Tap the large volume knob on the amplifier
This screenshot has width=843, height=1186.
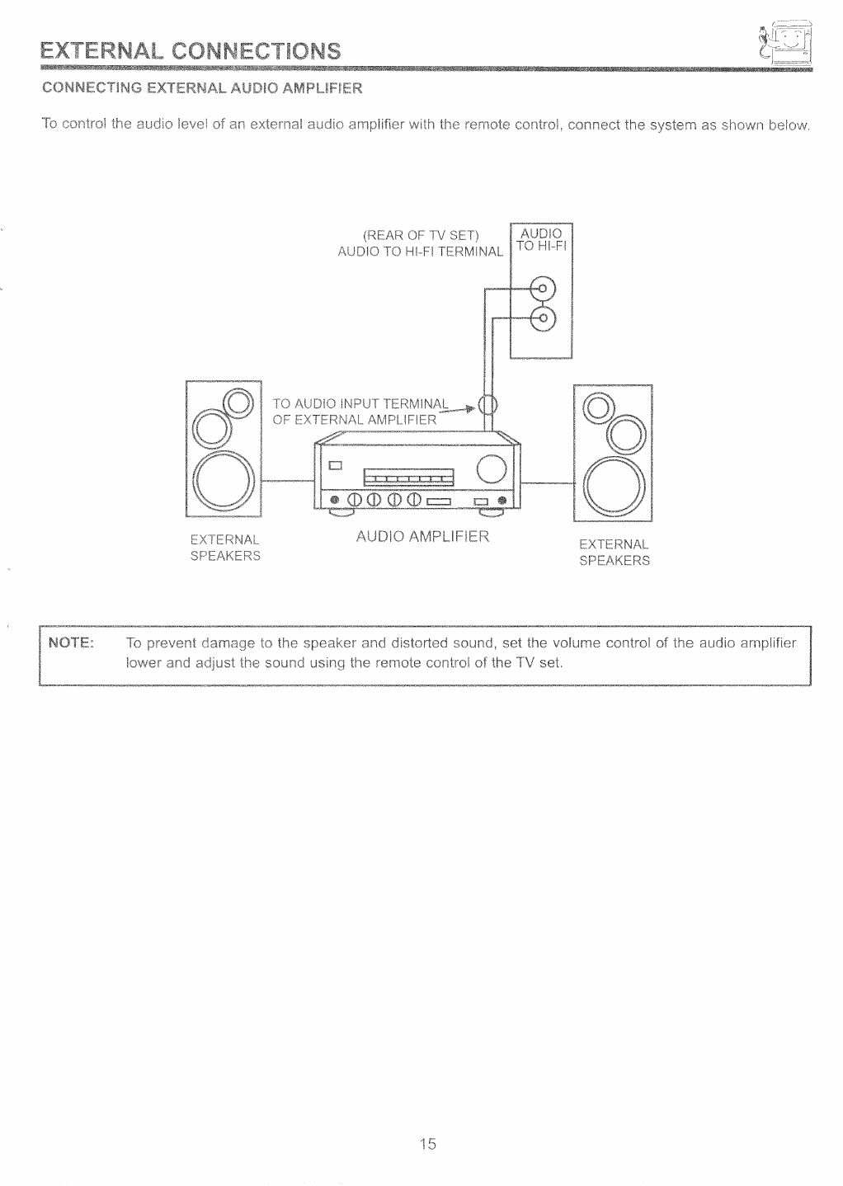[492, 469]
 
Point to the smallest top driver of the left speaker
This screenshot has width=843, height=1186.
[238, 402]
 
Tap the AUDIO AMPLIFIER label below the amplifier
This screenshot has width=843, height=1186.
[422, 537]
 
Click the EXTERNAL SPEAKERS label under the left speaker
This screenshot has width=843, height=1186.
[225, 548]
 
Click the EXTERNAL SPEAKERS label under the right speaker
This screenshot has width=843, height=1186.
[615, 553]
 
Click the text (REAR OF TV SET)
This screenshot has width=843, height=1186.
[421, 233]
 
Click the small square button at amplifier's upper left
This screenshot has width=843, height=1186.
[336, 464]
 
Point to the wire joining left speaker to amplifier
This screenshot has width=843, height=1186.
[288, 482]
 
